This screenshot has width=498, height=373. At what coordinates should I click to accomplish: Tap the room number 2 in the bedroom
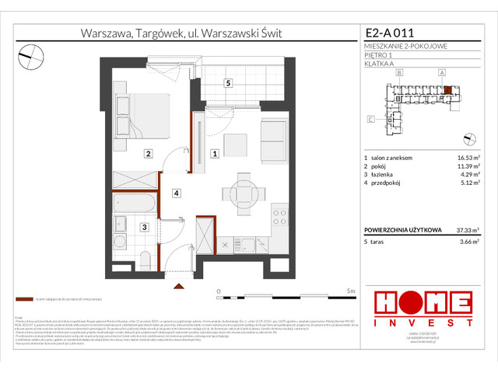(147, 154)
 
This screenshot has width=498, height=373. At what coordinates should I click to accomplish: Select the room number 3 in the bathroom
(144, 227)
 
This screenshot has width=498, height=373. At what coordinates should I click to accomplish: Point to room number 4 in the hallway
(177, 193)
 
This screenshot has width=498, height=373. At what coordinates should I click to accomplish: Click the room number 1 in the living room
(214, 154)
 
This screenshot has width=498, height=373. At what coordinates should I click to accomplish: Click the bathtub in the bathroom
(135, 204)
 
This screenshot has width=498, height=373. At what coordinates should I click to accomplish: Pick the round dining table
(237, 192)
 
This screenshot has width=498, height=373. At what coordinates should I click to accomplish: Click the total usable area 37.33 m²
(465, 230)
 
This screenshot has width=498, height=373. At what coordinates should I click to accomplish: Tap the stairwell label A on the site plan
(442, 72)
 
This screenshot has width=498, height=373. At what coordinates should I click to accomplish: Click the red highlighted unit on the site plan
(447, 89)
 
